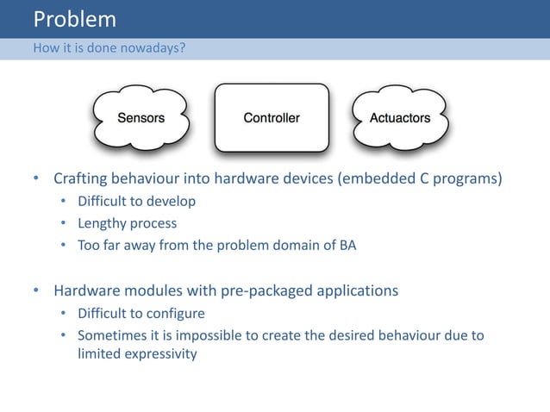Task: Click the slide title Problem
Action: pos(74,19)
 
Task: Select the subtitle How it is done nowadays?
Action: pos(108,48)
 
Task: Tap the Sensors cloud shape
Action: pos(141,118)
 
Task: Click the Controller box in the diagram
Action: pos(272,118)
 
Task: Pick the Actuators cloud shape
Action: pos(399,118)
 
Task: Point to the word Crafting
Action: pos(83,180)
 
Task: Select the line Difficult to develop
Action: pos(136,202)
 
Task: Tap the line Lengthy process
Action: pos(127,223)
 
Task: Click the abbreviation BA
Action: pos(347,245)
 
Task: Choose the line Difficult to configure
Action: pos(141,313)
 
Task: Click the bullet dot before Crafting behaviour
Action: pos(36,180)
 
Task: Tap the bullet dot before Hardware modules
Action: pos(36,290)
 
